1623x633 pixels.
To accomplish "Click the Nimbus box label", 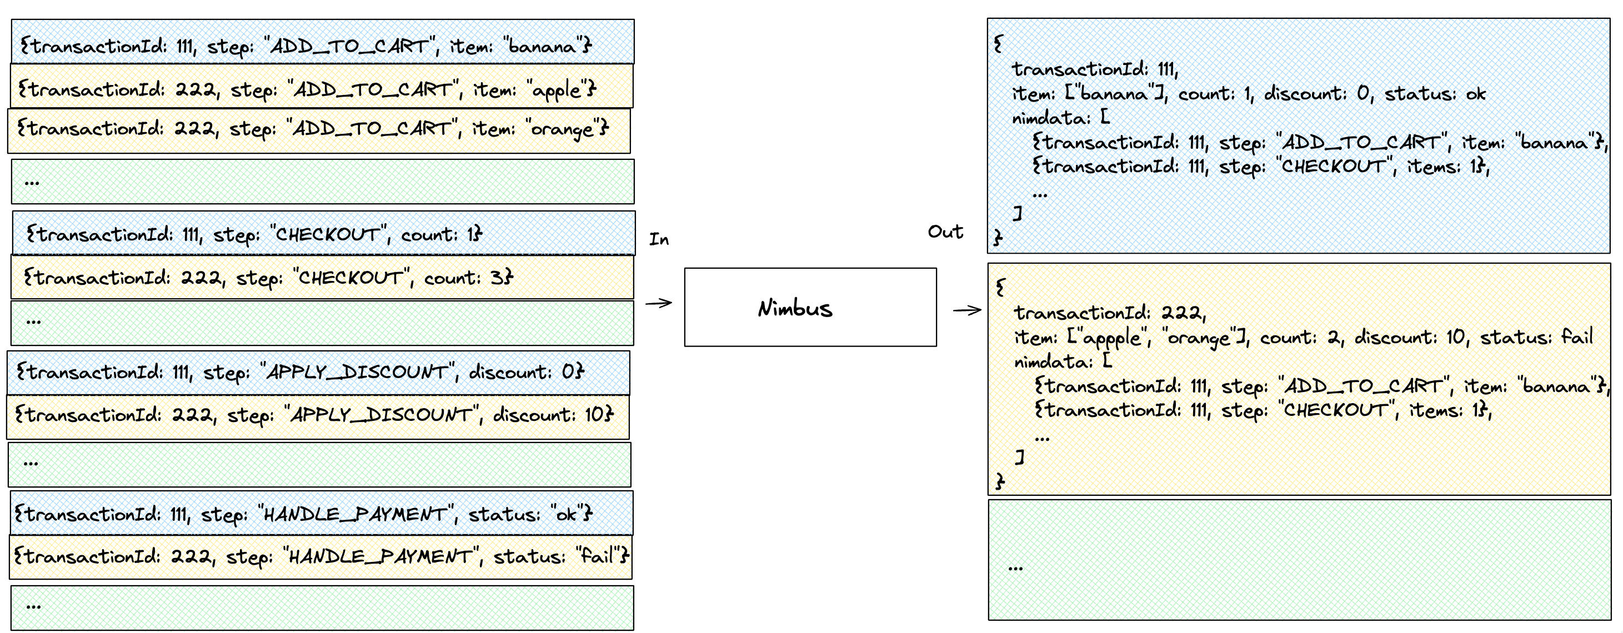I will pyautogui.click(x=795, y=309).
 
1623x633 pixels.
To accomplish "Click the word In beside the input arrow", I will pyautogui.click(x=659, y=239).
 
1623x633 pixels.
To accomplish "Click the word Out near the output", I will pyautogui.click(x=945, y=232).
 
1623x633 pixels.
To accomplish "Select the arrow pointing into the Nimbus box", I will pyautogui.click(x=658, y=303).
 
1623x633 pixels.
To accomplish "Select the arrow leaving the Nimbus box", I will pyautogui.click(x=967, y=309).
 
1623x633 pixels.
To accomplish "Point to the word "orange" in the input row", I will pyautogui.click(x=562, y=129).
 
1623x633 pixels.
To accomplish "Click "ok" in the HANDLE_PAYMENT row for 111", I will pyautogui.click(x=566, y=515).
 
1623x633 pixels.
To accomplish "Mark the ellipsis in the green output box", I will pyautogui.click(x=1015, y=568).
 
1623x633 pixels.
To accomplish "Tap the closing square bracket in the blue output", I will pyautogui.click(x=1018, y=214).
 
